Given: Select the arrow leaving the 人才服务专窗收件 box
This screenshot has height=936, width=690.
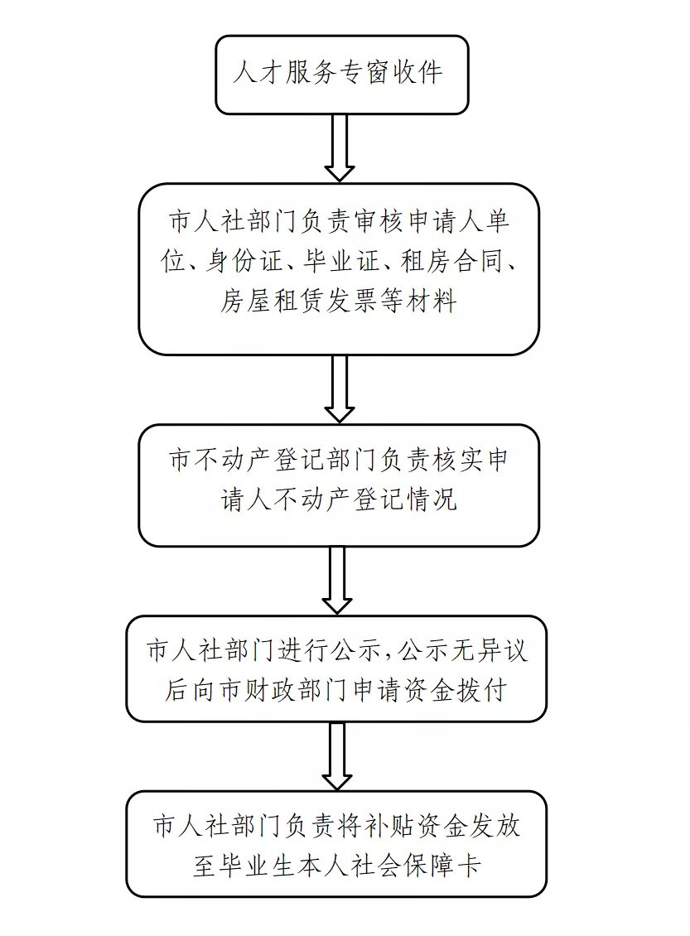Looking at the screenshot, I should point(339,147).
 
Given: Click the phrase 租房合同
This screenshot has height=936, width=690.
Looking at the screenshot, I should point(447,263).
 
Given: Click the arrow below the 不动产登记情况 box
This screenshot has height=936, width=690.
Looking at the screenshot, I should point(337,579).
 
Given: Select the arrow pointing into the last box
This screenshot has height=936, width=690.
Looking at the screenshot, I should point(337,755).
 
